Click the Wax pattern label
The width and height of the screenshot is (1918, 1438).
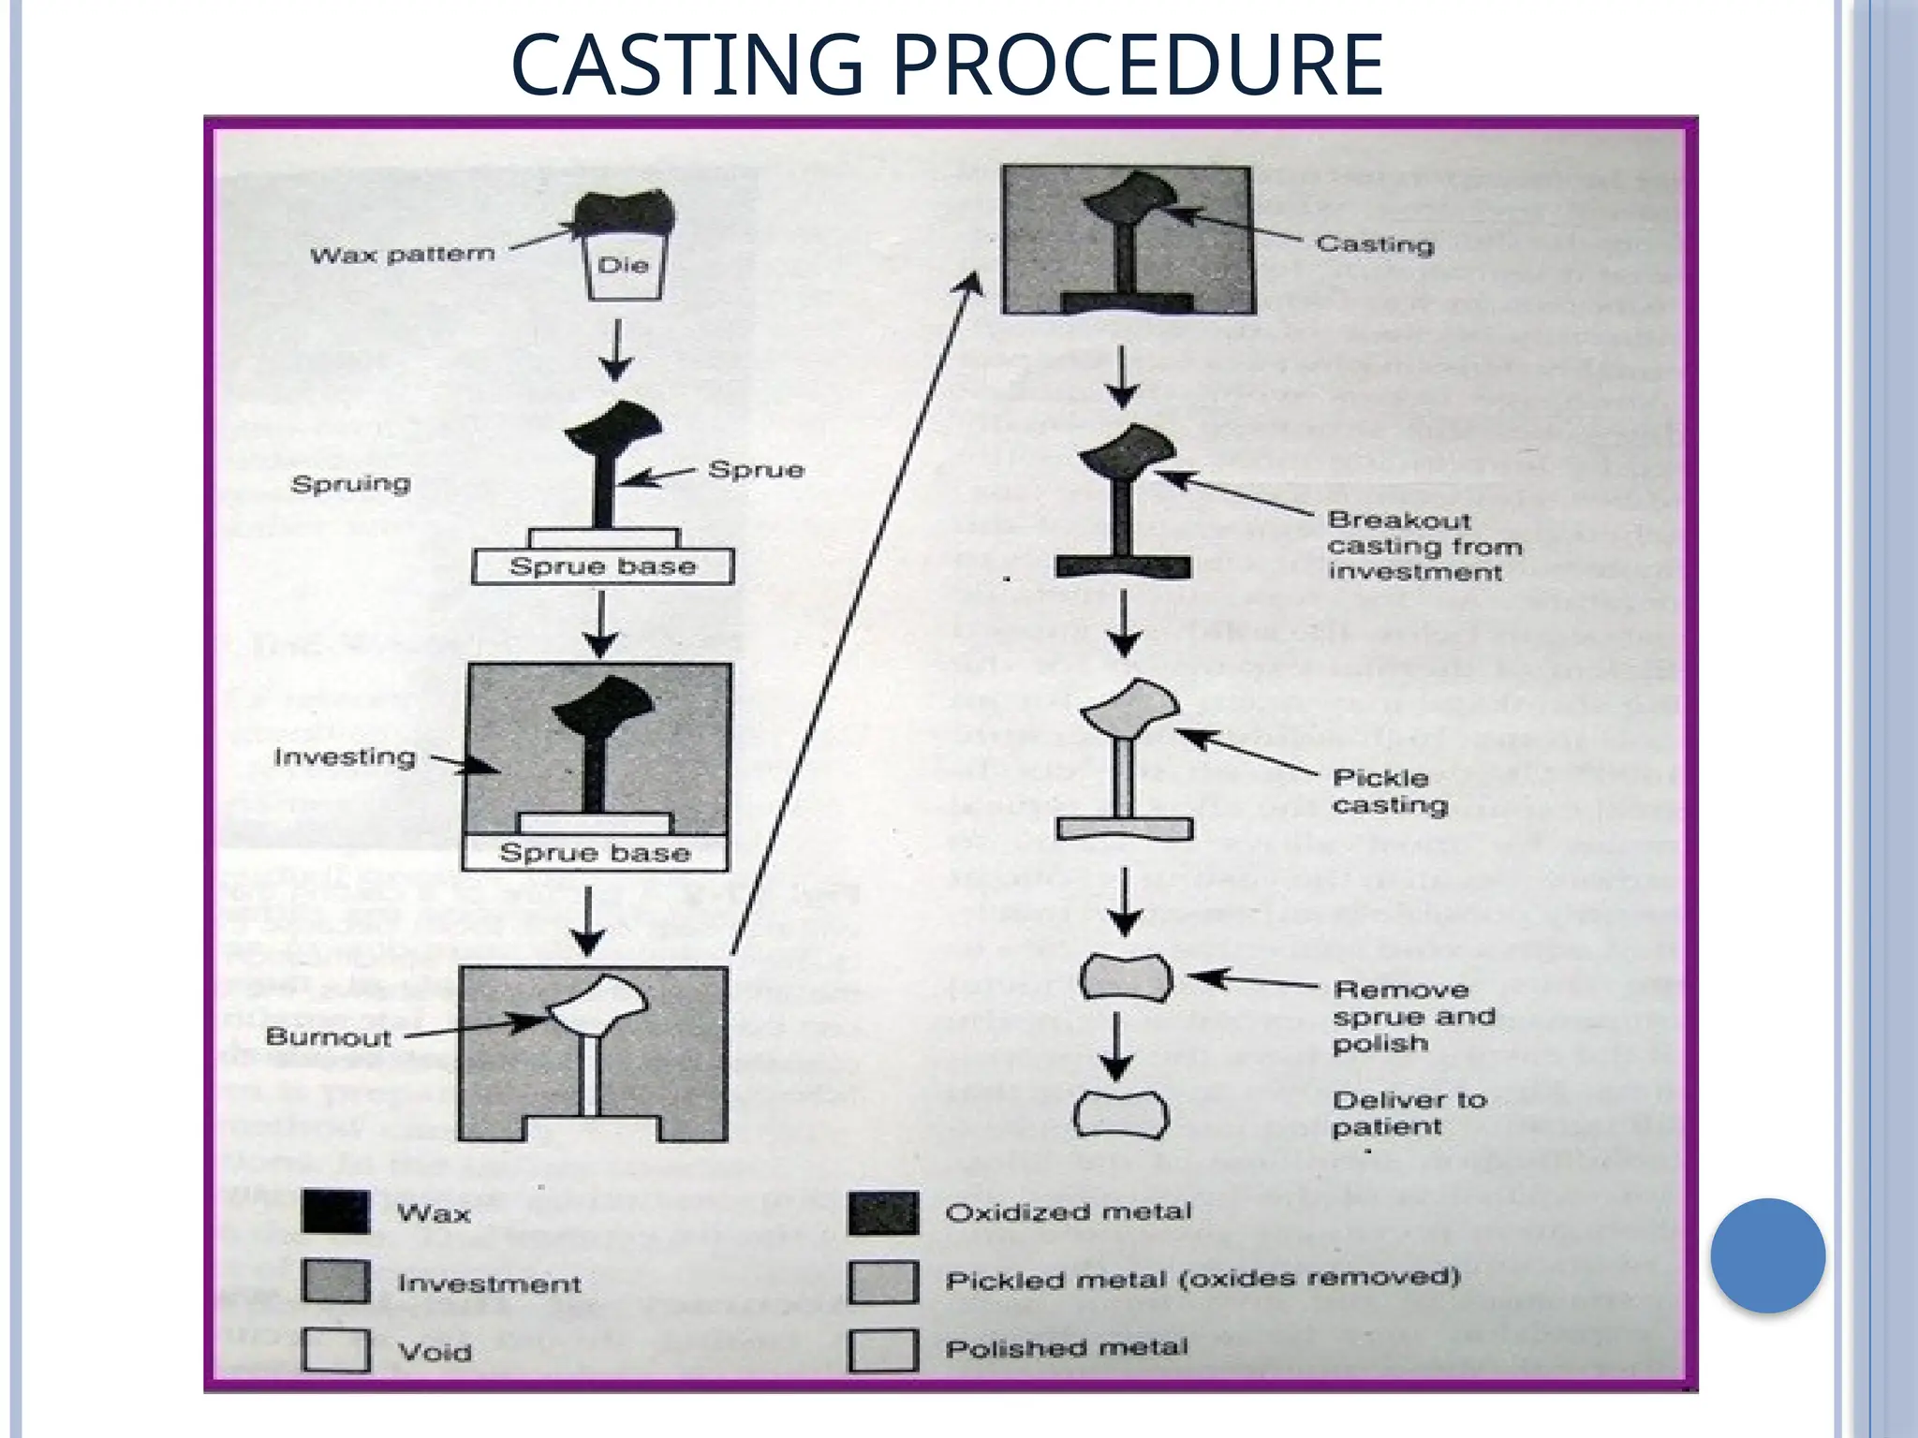click(402, 255)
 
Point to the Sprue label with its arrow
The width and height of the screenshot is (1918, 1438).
click(756, 469)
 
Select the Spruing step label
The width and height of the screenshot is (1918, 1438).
click(350, 484)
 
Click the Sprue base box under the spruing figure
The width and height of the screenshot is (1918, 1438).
click(602, 566)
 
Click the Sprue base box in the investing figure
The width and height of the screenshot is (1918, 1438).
click(595, 853)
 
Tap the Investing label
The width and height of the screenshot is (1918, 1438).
click(344, 756)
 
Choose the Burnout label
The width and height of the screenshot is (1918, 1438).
click(328, 1036)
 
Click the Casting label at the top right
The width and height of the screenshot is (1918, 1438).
click(1374, 244)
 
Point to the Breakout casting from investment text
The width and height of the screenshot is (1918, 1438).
click(1424, 546)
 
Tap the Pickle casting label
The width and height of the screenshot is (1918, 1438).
click(1389, 791)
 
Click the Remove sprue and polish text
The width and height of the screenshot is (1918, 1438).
click(1412, 1016)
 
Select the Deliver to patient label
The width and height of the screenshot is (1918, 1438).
click(1409, 1112)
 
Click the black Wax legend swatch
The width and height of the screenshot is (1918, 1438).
click(335, 1212)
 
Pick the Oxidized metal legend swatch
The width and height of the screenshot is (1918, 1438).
click(883, 1212)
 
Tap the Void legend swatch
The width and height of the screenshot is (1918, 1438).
click(335, 1350)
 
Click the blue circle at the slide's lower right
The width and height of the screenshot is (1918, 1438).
click(1767, 1255)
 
